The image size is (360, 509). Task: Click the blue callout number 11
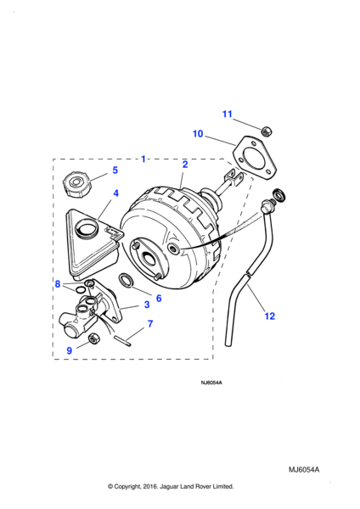(x=227, y=114)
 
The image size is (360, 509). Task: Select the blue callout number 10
(x=198, y=133)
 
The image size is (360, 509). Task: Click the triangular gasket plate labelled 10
(x=255, y=158)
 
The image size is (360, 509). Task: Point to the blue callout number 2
(x=185, y=165)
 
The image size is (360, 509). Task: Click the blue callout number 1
(x=143, y=159)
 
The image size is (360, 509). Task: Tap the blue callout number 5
(x=115, y=171)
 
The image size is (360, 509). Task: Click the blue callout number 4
(x=115, y=193)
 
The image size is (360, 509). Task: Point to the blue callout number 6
(x=159, y=298)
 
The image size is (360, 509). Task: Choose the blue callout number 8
(x=58, y=284)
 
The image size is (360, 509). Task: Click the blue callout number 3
(x=147, y=305)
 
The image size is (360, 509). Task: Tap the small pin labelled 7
(x=123, y=343)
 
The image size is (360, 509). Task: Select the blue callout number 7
(x=150, y=324)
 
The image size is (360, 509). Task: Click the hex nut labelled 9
(x=94, y=338)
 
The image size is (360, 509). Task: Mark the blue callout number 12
(x=269, y=316)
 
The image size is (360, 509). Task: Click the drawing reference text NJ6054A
(x=211, y=383)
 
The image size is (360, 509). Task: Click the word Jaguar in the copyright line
(x=168, y=486)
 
